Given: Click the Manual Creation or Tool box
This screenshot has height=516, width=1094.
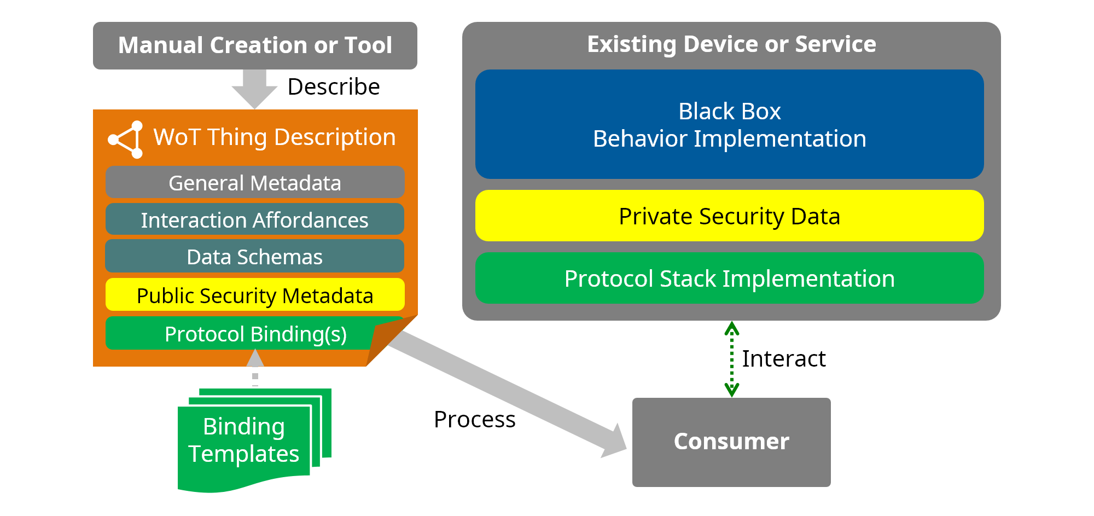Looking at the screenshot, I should tap(255, 45).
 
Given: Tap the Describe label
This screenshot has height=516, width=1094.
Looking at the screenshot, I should tap(333, 86).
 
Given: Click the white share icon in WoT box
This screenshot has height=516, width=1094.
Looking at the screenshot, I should tap(127, 140).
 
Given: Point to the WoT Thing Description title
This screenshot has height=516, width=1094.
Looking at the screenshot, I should tap(274, 137).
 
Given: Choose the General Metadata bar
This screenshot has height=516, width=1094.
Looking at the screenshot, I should tap(255, 182).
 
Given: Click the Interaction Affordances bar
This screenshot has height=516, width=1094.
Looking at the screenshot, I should tap(255, 219).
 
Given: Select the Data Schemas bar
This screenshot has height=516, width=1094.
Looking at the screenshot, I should tap(255, 256).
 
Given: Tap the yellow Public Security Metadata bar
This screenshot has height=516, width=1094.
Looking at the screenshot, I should tap(255, 295).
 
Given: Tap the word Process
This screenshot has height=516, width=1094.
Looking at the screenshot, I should tap(474, 419).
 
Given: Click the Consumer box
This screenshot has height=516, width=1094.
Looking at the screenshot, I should tap(731, 442).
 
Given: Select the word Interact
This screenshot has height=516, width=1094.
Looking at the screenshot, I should tap(783, 358).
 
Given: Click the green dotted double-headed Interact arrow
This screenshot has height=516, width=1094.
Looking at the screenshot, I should tap(732, 359).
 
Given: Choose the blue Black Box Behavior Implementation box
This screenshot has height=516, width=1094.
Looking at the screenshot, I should tap(729, 124).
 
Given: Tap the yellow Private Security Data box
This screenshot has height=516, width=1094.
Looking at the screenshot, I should tap(729, 216).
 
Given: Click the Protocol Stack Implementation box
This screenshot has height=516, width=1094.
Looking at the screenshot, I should tap(729, 278).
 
